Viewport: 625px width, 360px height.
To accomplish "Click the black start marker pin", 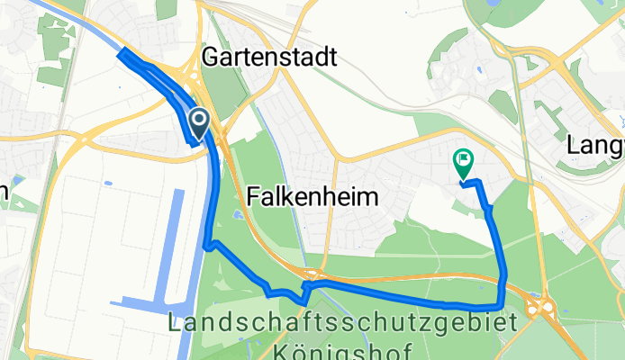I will pyautogui.click(x=199, y=121).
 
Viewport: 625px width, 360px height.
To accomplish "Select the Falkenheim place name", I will pyautogui.click(x=311, y=197).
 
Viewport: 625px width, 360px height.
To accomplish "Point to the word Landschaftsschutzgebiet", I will pyautogui.click(x=343, y=323).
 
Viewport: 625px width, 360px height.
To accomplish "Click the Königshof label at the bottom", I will pyautogui.click(x=343, y=349).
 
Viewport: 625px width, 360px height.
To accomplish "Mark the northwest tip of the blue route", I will pyautogui.click(x=122, y=54).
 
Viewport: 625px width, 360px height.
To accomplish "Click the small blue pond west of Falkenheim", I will pyautogui.click(x=236, y=215).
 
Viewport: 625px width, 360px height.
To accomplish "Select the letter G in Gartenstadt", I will pyautogui.click(x=210, y=58).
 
